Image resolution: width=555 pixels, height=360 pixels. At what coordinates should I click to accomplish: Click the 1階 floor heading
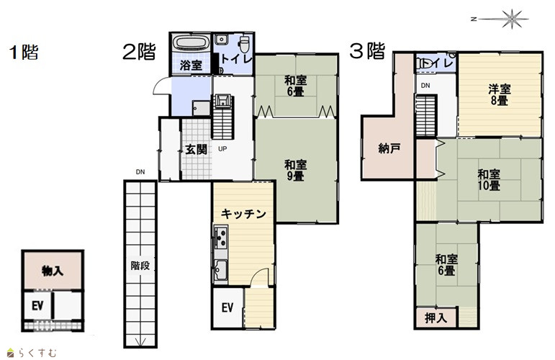pos(24,53)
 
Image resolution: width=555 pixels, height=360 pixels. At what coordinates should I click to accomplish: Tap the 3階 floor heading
pos(367,50)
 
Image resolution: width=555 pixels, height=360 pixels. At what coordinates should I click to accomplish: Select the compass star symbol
pos(512,19)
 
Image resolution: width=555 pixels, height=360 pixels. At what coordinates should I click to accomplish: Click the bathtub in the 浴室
pos(191,42)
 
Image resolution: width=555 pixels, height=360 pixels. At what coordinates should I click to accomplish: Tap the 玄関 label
pos(196,149)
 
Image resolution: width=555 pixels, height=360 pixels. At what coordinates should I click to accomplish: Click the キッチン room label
pos(243,213)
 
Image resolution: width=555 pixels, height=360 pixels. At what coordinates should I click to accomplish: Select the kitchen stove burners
pos(221,237)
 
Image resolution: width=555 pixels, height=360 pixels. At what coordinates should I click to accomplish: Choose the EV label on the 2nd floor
pos(227,307)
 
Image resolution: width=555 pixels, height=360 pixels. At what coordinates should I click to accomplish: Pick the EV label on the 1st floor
pos(37,305)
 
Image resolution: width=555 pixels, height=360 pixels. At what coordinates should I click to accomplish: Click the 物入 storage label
pos(53,271)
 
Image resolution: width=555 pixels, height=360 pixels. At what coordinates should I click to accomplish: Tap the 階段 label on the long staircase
pos(140,266)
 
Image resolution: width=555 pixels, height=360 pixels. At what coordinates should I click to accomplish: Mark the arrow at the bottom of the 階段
pos(140,341)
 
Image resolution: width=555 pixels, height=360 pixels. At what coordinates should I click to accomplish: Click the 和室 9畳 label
pos(296,170)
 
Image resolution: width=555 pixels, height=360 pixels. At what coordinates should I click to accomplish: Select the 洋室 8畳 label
pos(500,94)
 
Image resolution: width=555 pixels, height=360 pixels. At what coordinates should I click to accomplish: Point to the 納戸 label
pos(389,148)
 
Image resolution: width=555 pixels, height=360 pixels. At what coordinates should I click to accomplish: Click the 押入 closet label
pos(436,318)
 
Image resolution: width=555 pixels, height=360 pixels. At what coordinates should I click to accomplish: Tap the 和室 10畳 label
pos(489,180)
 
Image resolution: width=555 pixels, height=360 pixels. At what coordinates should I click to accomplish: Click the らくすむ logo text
pos(37,353)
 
